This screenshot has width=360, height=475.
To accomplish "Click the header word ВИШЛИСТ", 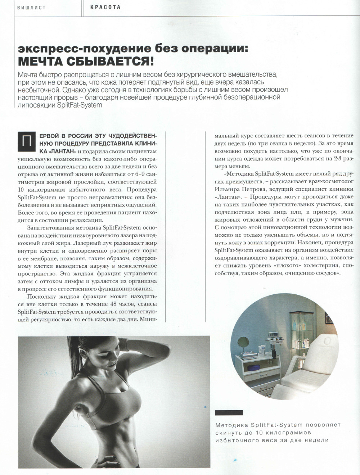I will pyautogui.click(x=31, y=8).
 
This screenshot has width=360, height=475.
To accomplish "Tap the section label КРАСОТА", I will pyautogui.click(x=105, y=7).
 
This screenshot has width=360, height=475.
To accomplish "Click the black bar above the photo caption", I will pyautogui.click(x=229, y=412).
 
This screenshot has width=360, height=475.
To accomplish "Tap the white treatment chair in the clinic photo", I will pyautogui.click(x=317, y=363).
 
